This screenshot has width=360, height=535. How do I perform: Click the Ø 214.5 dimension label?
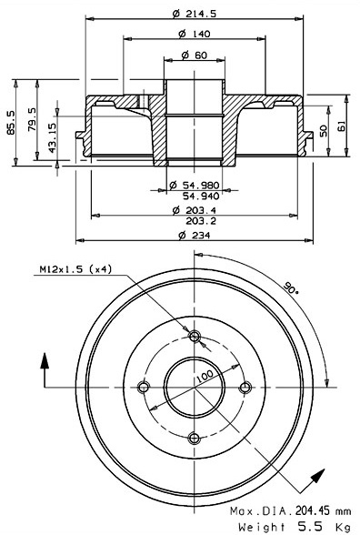tap(195, 14)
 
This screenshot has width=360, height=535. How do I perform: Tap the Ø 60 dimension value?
tap(194, 55)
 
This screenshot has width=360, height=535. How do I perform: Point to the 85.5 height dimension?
tap(11, 122)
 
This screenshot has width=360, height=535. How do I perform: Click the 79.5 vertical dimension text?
tap(33, 119)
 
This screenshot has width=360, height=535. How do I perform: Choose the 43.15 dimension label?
tap(52, 137)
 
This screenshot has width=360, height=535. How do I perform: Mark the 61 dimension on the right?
tap(341, 126)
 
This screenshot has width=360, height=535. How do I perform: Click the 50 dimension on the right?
tap(324, 131)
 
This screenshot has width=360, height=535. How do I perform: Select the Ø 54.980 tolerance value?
tap(195, 186)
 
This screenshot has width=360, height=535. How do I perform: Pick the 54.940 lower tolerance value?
tap(201, 196)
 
